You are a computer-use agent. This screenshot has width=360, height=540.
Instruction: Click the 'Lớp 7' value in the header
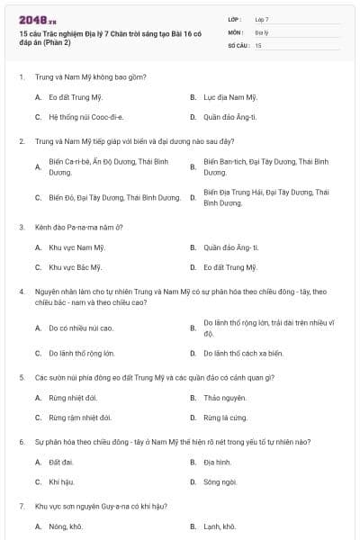tap(262, 18)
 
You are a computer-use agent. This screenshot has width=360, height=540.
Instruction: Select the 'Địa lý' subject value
tap(261, 31)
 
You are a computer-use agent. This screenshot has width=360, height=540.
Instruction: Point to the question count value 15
tap(258, 44)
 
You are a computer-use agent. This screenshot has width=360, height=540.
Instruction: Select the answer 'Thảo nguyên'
tap(224, 397)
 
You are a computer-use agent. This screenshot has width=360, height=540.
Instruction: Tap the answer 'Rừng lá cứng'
tap(224, 418)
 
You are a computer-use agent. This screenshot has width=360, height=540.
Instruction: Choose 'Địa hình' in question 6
tap(217, 462)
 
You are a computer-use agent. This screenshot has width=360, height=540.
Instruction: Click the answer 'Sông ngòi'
tap(220, 482)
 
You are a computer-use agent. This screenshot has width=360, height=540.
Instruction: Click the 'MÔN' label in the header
tap(236, 31)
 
